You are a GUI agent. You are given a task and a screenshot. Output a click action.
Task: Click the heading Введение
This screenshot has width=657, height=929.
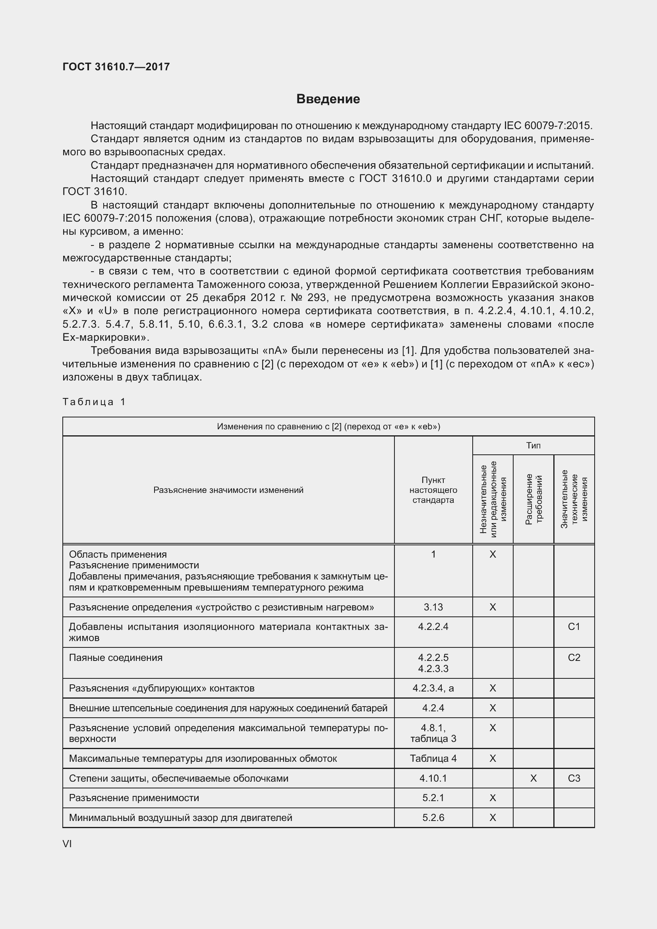pyautogui.click(x=328, y=99)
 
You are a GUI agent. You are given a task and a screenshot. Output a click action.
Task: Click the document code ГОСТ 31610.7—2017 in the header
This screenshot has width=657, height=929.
pyautogui.click(x=116, y=67)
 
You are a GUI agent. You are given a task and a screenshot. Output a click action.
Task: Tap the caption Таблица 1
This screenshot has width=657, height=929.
pyautogui.click(x=94, y=402)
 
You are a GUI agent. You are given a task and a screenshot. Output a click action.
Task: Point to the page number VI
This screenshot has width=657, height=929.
pyautogui.click(x=67, y=844)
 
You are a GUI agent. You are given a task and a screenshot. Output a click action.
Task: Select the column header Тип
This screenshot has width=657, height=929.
pyautogui.click(x=533, y=446)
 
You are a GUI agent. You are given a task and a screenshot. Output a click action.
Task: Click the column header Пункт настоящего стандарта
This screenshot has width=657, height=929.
pyautogui.click(x=433, y=490)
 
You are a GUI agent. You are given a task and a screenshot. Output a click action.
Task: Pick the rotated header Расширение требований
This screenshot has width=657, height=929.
pyautogui.click(x=533, y=499)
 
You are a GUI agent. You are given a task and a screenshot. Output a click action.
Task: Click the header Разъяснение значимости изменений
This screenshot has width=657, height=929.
pyautogui.click(x=228, y=490)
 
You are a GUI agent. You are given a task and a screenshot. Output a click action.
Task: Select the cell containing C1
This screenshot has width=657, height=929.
pyautogui.click(x=574, y=627)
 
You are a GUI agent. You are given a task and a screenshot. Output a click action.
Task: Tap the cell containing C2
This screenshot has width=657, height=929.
pyautogui.click(x=574, y=657)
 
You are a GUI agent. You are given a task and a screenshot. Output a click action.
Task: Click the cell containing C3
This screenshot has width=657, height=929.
pyautogui.click(x=574, y=778)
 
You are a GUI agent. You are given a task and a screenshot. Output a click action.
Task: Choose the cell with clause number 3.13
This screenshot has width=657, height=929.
pyautogui.click(x=433, y=607)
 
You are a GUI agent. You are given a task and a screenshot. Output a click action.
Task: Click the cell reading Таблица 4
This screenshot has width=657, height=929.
pyautogui.click(x=433, y=758)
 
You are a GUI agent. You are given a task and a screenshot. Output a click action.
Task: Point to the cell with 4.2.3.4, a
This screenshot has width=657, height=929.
pyautogui.click(x=433, y=688)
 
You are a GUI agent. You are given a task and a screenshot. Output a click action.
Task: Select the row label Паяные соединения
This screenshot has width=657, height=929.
pyautogui.click(x=116, y=657)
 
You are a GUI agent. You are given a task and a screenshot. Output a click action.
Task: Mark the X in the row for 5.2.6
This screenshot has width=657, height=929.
pyautogui.click(x=492, y=818)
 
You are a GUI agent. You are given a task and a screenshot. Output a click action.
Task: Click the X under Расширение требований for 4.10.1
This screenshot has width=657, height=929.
pyautogui.click(x=533, y=778)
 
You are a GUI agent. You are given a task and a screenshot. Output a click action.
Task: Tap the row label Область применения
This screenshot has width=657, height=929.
pyautogui.click(x=118, y=554)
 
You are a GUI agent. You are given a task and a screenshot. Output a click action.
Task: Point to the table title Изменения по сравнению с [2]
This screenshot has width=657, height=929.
pyautogui.click(x=328, y=427)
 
